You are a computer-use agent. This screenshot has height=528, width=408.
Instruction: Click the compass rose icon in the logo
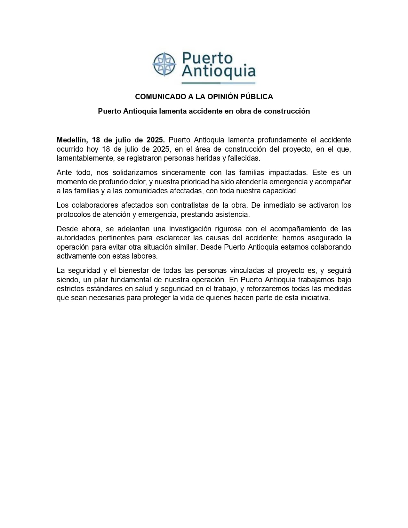tap(164, 64)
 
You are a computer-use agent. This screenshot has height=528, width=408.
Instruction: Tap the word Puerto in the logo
tap(207, 59)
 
